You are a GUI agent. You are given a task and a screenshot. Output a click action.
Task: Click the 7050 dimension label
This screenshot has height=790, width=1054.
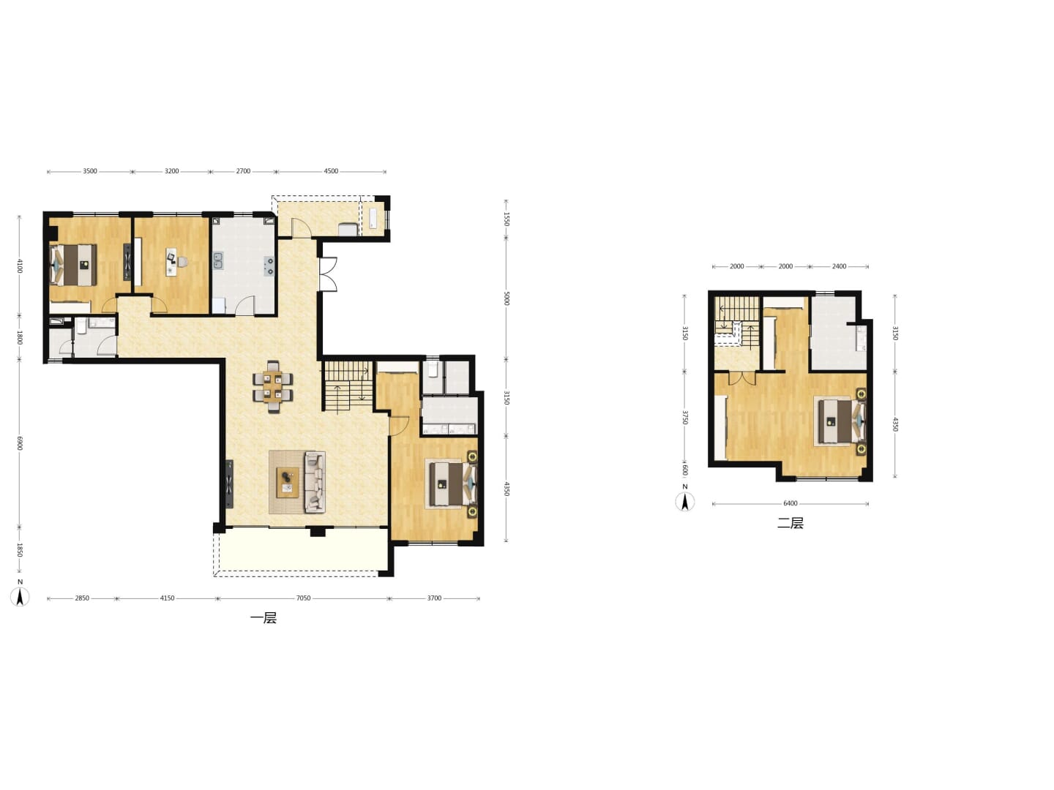(x=303, y=598)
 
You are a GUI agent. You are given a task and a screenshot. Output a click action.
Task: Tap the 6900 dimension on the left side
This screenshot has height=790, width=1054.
(x=20, y=443)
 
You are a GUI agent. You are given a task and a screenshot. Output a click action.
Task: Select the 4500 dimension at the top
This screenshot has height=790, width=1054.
(x=331, y=171)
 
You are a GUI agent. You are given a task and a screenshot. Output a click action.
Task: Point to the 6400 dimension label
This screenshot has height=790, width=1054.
(x=790, y=503)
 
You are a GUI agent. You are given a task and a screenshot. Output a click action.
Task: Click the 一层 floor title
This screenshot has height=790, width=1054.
(x=263, y=618)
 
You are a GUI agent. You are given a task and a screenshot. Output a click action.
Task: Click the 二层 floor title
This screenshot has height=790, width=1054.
(x=790, y=523)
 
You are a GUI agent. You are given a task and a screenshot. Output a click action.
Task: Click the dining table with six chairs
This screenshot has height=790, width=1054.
(x=273, y=387)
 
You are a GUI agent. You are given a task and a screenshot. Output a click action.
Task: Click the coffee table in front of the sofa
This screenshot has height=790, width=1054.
(x=287, y=483)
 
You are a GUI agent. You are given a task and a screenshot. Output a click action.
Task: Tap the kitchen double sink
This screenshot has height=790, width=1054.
(x=218, y=260)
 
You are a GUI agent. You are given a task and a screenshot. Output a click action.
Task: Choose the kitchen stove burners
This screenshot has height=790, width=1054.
(x=269, y=266)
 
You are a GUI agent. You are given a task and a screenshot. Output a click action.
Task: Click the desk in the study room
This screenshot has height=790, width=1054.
(x=171, y=262)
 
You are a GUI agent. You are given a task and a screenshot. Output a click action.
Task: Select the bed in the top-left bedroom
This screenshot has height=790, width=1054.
(x=73, y=264)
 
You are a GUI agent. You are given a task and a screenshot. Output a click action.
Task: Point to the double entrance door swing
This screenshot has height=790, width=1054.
(x=329, y=274)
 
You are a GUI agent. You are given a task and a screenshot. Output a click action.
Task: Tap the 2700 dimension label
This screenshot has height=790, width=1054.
(x=244, y=171)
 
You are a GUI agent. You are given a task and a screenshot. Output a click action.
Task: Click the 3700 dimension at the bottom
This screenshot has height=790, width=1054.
(x=434, y=598)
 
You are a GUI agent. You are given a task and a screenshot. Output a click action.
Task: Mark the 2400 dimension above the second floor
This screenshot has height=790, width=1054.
(x=839, y=266)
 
